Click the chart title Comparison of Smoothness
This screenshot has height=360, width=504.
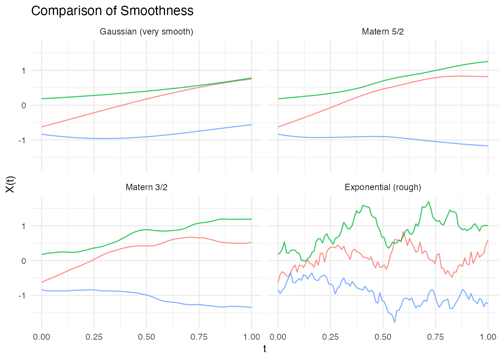click(112, 11)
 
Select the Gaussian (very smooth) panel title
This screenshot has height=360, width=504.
click(146, 32)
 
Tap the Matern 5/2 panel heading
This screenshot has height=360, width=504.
click(382, 32)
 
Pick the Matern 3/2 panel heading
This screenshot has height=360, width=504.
click(146, 187)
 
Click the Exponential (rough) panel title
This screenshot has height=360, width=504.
click(382, 187)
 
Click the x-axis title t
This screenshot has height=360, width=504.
click(265, 349)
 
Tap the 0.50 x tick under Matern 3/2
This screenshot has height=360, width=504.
click(146, 337)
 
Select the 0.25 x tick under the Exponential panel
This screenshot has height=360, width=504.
click(330, 337)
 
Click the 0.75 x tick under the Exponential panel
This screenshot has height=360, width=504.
click(435, 337)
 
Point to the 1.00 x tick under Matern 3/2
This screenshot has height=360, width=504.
click(251, 337)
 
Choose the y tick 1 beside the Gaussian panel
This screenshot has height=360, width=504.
click(24, 70)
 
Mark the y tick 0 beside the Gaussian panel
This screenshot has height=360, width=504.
click(24, 105)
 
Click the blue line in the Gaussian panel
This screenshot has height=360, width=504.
click(146, 137)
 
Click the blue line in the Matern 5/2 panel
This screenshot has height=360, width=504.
click(382, 136)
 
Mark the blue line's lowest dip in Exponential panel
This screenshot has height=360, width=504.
click(394, 322)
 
